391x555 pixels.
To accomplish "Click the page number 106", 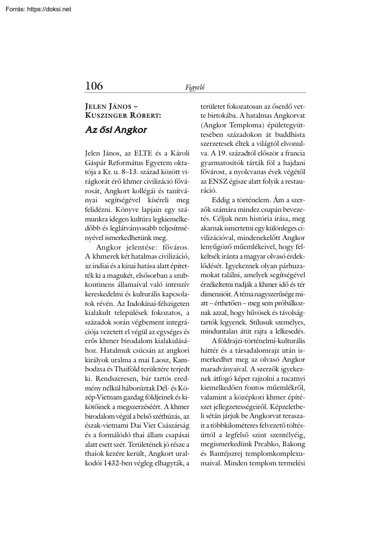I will click(x=94, y=86).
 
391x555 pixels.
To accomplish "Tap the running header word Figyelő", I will click(x=194, y=87).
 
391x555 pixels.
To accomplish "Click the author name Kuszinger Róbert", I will click(x=122, y=115).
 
